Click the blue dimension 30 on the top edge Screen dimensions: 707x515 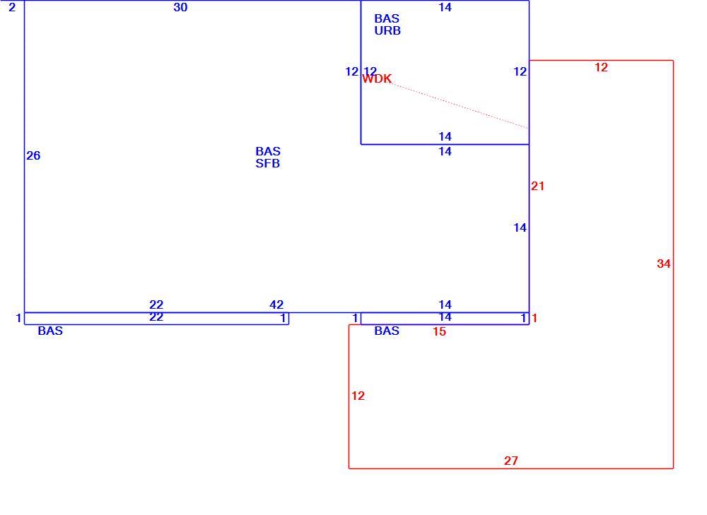(180, 7)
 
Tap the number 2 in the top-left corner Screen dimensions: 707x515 (12, 7)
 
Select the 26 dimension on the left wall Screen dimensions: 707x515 (33, 156)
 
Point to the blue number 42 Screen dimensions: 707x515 (276, 304)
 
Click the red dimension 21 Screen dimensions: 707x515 (537, 186)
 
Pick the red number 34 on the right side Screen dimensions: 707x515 (664, 264)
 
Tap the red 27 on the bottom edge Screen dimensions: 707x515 (511, 461)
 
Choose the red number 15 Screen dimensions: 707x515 (439, 331)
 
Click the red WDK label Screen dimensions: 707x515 (377, 79)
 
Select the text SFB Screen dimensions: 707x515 (268, 164)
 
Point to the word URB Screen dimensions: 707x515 (387, 30)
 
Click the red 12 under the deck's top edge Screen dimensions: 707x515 (601, 68)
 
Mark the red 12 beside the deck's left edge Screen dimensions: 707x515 (358, 396)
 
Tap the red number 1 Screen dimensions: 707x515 (534, 319)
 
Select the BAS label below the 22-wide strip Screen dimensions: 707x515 (50, 331)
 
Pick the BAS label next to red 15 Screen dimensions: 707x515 (387, 331)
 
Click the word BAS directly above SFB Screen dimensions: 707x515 (268, 151)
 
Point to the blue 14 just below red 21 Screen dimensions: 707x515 (520, 228)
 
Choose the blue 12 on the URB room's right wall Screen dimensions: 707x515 (520, 71)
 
